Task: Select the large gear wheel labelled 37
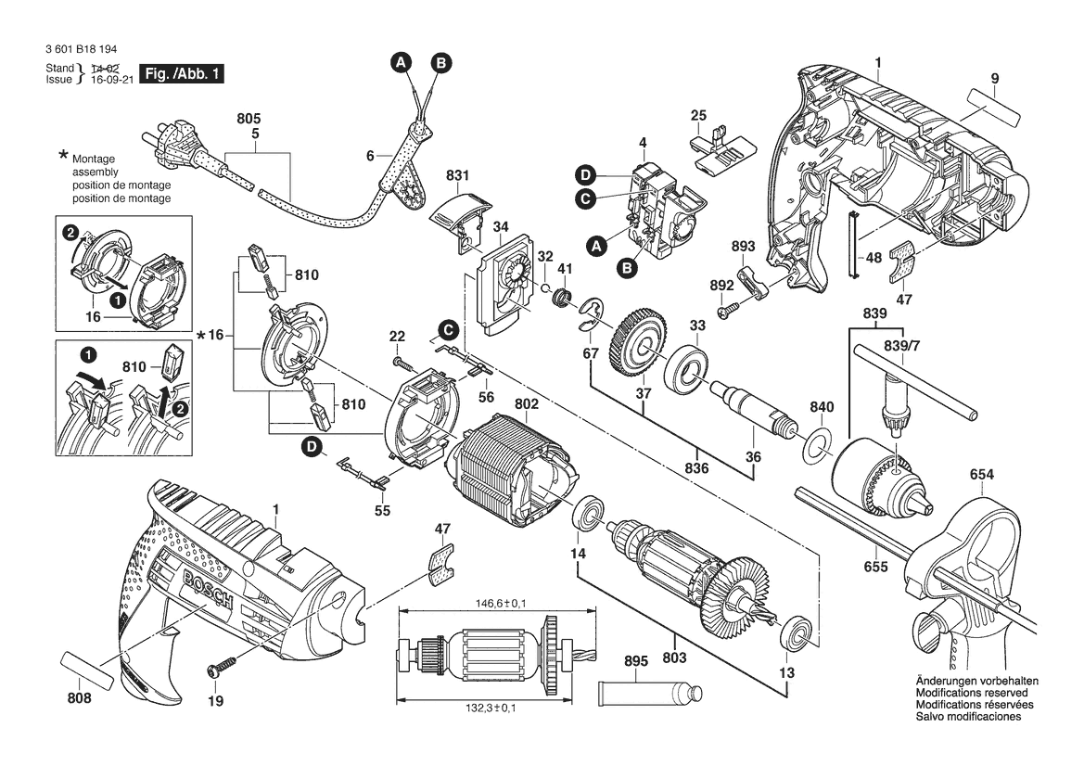pos(637,344)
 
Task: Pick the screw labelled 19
pos(223,665)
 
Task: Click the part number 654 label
pos(982,475)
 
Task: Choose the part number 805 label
pos(249,119)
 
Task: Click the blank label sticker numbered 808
pos(88,670)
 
